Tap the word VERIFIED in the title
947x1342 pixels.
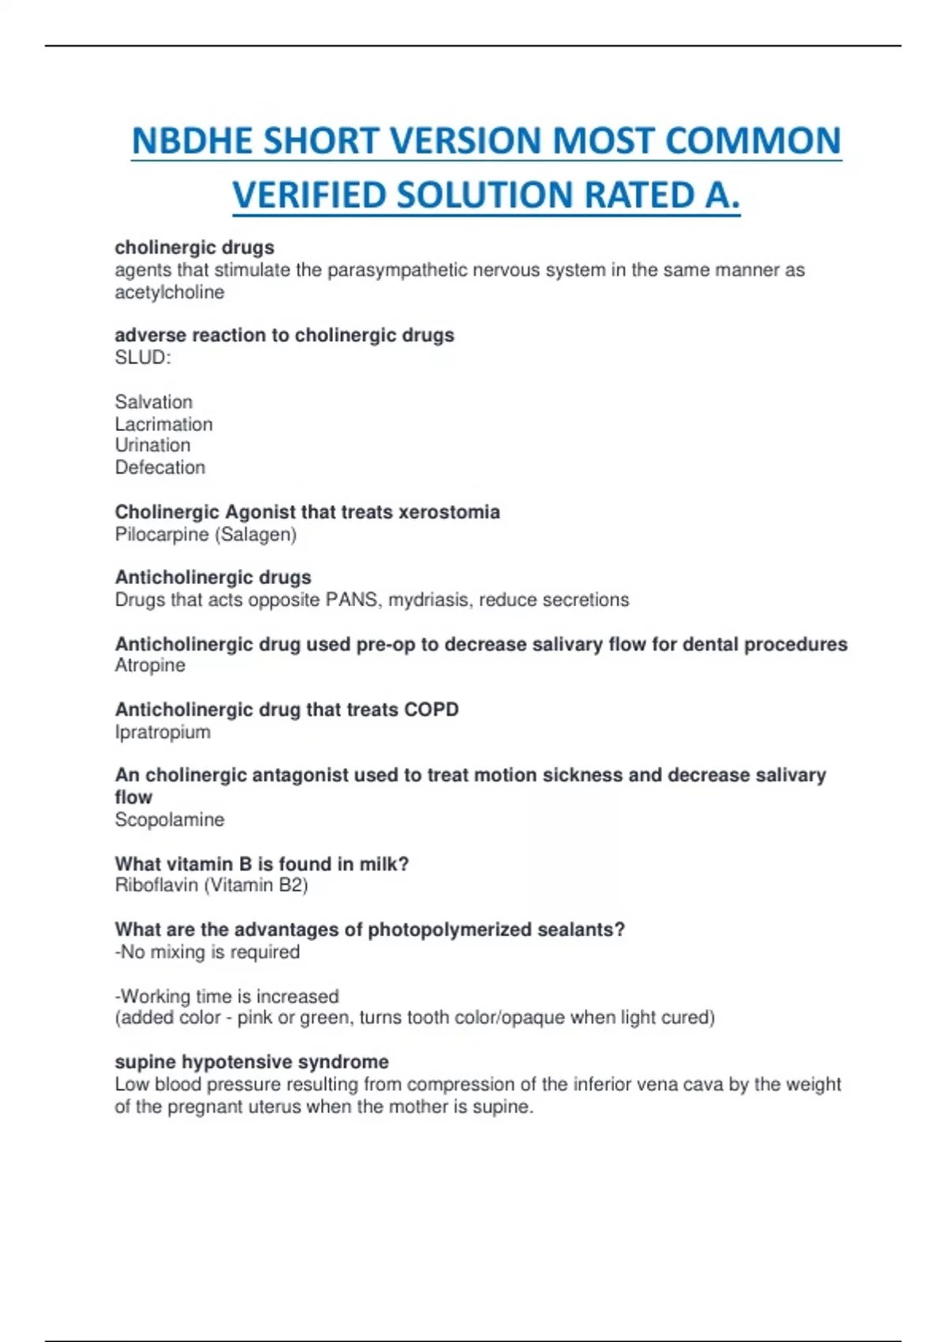[308, 196]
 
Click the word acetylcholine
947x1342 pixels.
[170, 292]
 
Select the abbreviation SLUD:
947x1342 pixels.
[143, 358]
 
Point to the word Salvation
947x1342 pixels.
[154, 402]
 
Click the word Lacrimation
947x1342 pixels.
[163, 424]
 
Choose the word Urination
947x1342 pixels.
[152, 445]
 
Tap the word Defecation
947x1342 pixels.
[160, 467]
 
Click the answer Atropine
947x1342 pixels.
[150, 665]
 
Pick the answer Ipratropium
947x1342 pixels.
[163, 732]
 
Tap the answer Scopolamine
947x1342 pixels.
[170, 819]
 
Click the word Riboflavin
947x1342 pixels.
[156, 885]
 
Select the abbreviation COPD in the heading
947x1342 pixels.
[431, 710]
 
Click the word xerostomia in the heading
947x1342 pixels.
[449, 512]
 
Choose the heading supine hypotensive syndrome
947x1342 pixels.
[252, 1062]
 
